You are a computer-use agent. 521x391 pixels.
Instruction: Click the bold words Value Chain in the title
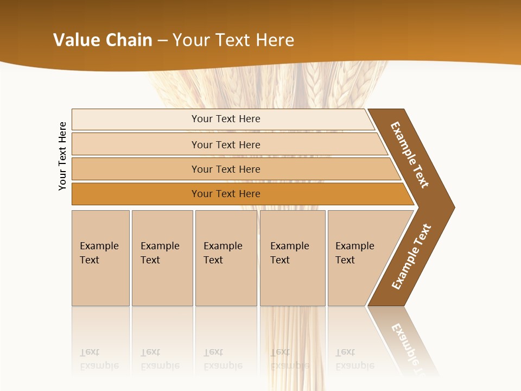(x=103, y=40)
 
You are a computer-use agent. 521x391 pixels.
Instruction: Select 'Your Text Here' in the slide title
(x=233, y=40)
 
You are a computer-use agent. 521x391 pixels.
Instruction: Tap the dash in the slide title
(x=162, y=41)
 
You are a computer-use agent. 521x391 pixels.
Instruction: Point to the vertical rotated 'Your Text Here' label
(x=63, y=156)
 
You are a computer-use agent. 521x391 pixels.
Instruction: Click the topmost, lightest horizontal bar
(x=225, y=119)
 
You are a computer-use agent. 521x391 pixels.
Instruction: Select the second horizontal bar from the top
(x=225, y=144)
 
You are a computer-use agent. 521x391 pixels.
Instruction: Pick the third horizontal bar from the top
(x=225, y=169)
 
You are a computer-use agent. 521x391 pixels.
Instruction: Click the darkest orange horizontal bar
(x=225, y=194)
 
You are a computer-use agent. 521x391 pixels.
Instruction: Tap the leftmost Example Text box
(x=100, y=258)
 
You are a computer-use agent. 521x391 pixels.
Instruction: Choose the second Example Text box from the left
(x=162, y=258)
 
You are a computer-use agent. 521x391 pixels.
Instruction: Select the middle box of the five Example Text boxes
(x=226, y=258)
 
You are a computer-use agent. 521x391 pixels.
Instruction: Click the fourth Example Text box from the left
(x=292, y=258)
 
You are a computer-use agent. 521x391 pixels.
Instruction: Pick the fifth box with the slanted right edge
(x=358, y=258)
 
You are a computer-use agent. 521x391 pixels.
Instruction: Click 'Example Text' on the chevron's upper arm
(x=410, y=155)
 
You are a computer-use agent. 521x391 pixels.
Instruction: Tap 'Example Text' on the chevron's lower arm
(x=411, y=257)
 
